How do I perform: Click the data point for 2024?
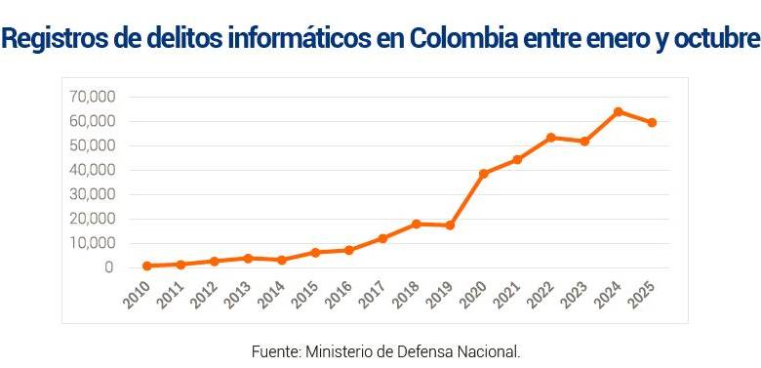pos(618,111)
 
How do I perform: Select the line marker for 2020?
pos(483,174)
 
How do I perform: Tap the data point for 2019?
pos(450,225)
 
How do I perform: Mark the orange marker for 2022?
pos(550,138)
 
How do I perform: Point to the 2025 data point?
pos(651,123)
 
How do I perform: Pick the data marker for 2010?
pos(146,266)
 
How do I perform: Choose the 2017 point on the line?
pos(382,238)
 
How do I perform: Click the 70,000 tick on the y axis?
pos(93,97)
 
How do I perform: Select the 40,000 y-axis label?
pos(93,170)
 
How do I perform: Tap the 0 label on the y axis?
pos(108,267)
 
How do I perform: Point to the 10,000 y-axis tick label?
pos(93,243)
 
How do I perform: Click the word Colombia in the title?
pos(459,40)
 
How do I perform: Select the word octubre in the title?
pos(709,40)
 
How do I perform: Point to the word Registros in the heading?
pos(57,40)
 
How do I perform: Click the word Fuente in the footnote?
pos(276,350)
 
